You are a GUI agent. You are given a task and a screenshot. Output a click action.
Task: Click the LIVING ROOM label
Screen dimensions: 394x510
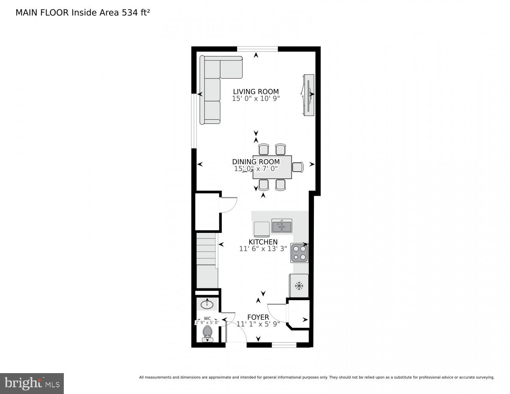(256, 91)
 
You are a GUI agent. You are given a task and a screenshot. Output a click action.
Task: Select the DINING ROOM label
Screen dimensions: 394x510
(256, 162)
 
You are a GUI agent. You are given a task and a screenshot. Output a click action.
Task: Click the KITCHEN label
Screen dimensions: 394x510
(263, 242)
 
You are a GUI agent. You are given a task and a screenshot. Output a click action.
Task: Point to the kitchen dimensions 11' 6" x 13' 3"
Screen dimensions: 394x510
(263, 249)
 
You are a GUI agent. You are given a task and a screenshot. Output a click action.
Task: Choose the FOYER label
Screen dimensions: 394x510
(258, 317)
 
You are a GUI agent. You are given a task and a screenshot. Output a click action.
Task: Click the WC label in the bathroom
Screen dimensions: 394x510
(207, 318)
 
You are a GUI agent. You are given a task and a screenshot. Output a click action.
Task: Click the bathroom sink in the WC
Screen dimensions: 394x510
(207, 305)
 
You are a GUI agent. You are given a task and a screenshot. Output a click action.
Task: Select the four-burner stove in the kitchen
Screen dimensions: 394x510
(299, 253)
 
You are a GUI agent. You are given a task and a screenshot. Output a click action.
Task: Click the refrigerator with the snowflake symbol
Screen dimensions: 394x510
(299, 286)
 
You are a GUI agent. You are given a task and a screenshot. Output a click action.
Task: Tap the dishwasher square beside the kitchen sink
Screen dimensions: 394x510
(261, 229)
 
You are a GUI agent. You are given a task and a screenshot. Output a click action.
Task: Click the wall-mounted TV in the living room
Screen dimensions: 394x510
(308, 95)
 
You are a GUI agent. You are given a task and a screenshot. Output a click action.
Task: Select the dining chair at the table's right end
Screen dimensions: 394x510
(298, 167)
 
